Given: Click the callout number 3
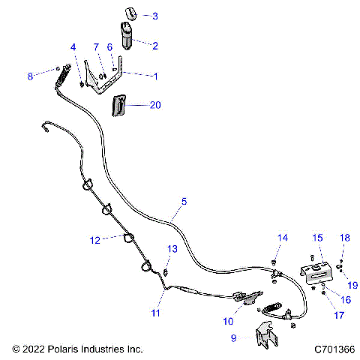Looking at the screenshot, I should pos(154,16).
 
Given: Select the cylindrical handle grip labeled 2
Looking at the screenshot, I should pos(127,35).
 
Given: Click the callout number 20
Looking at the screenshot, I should pos(155,106).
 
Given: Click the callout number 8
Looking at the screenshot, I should pos(30,76).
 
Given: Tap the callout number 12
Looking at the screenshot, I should pos(94,241).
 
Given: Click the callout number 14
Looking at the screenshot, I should pos(283,238).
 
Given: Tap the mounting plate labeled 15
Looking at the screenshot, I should pos(318,272).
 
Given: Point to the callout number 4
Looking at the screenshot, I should pos(73,47).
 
